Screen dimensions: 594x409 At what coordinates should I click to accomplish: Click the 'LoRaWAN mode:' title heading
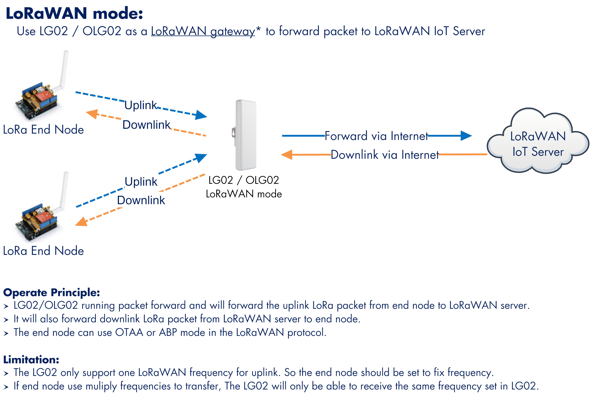point(74,13)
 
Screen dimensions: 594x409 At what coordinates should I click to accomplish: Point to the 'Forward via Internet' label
point(376,136)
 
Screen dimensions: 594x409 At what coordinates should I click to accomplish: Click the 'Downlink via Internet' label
point(385,155)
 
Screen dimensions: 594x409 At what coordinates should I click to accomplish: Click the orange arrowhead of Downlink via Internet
point(287,155)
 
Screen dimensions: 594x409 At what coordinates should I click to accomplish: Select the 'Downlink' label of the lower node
point(141,200)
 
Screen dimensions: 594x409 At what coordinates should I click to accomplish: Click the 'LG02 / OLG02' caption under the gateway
point(244,180)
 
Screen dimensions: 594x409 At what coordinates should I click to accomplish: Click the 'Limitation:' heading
point(31,360)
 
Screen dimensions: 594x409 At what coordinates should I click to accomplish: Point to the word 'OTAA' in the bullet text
point(129,332)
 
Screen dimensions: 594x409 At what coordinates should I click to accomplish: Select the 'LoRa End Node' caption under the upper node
point(43,130)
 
